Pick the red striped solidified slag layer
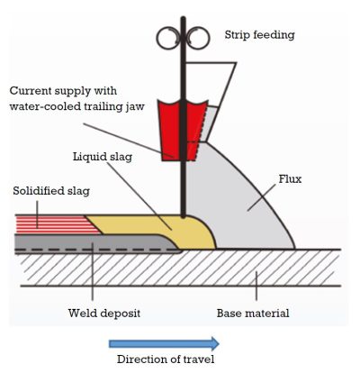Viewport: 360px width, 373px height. (49, 221)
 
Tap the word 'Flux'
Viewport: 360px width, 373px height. (291, 178)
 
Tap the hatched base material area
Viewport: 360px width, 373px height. (180, 270)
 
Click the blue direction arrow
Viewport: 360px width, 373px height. (163, 342)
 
